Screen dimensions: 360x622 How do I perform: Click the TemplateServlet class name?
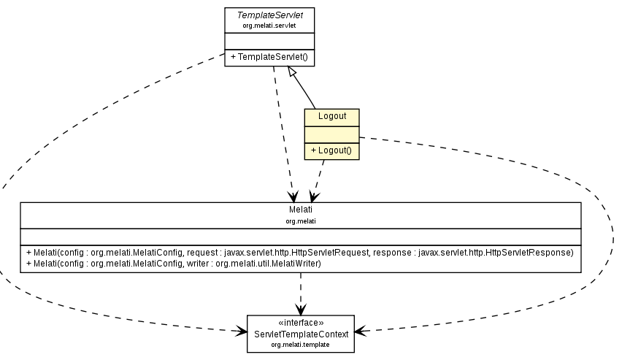(x=269, y=15)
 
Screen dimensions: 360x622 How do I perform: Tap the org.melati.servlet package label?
(x=269, y=25)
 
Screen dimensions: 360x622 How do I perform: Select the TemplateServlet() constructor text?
(x=269, y=57)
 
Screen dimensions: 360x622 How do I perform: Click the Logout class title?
(x=331, y=117)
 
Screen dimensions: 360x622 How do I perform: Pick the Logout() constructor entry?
(x=331, y=151)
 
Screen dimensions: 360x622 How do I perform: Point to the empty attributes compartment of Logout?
(x=331, y=134)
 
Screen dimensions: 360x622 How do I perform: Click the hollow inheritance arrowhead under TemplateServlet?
(x=291, y=72)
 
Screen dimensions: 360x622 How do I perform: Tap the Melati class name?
(x=300, y=210)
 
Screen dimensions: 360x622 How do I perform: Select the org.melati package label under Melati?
(x=300, y=220)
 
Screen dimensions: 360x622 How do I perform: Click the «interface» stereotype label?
(x=300, y=323)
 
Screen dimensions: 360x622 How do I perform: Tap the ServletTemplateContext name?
(x=300, y=333)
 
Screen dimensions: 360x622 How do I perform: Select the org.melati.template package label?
(x=300, y=343)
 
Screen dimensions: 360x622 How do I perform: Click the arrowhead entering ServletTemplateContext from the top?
(x=300, y=310)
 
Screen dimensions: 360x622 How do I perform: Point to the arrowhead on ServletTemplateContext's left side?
(x=242, y=332)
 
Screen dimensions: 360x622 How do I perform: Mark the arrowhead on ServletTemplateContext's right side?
(x=359, y=332)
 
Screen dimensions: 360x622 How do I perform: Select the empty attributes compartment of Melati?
(x=300, y=235)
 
